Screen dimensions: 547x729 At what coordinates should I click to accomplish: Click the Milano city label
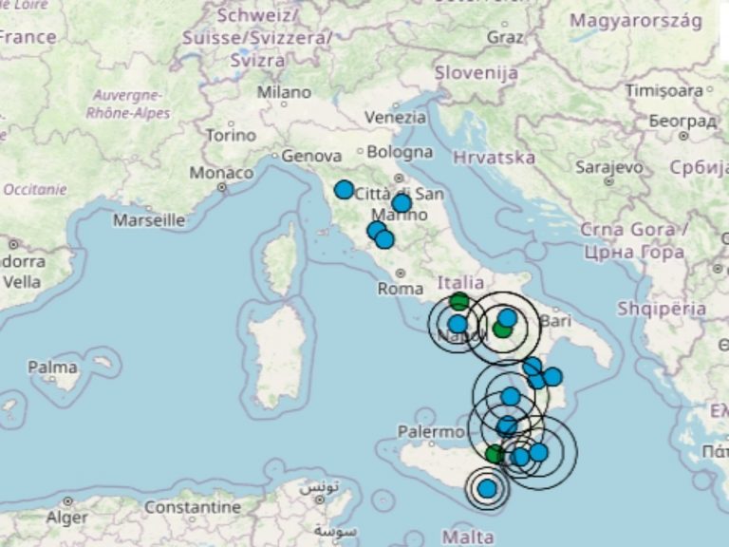(x=284, y=93)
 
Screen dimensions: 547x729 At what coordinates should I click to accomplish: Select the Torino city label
(x=231, y=136)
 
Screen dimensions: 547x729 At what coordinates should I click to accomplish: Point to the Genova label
(x=311, y=156)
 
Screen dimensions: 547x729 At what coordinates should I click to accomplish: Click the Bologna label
(x=400, y=152)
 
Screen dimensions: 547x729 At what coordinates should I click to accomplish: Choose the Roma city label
(x=400, y=288)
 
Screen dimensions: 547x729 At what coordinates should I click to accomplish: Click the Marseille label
(x=149, y=220)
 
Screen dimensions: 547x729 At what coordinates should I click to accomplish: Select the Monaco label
(x=221, y=174)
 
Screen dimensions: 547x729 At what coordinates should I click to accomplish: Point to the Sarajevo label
(x=609, y=167)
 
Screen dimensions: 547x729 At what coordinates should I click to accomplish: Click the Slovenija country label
(x=477, y=73)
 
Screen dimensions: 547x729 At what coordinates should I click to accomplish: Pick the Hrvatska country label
(x=495, y=158)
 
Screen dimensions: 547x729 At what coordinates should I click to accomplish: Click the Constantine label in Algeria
(x=193, y=508)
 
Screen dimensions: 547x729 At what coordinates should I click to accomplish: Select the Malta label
(x=468, y=538)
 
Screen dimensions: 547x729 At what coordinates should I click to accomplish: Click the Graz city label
(x=504, y=37)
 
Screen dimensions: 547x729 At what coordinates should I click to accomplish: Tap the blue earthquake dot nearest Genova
(x=344, y=190)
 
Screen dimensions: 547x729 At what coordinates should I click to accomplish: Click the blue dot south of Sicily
(x=487, y=488)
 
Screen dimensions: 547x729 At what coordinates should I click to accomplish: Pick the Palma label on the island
(x=52, y=367)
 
